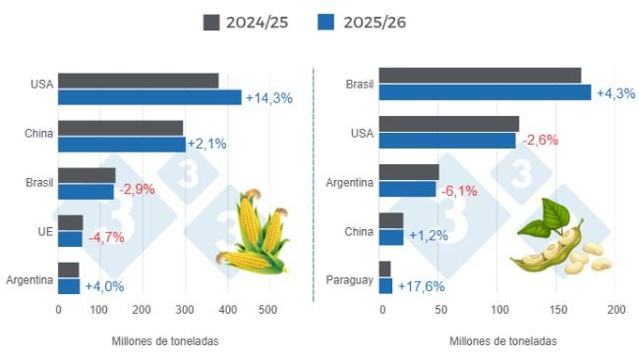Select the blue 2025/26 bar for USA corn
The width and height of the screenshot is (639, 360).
(149, 97)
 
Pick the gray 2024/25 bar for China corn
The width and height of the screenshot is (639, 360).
(120, 128)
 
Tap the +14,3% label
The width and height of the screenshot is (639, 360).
(268, 98)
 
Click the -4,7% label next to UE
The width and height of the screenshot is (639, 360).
(108, 239)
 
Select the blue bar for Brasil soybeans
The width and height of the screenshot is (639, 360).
(485, 92)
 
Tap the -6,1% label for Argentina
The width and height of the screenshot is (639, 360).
(461, 190)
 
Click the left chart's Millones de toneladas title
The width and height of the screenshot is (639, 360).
(165, 341)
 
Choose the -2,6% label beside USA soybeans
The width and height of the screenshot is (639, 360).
(539, 140)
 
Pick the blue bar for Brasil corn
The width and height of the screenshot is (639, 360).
(86, 191)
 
